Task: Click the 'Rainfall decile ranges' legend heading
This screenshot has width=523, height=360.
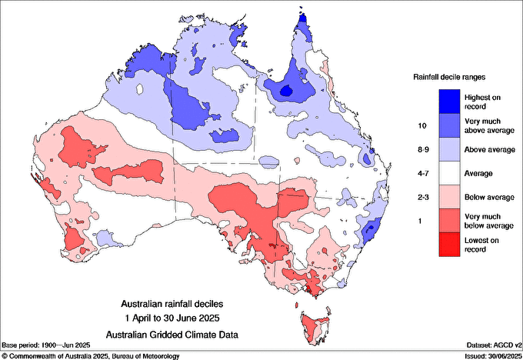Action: [x=449, y=77]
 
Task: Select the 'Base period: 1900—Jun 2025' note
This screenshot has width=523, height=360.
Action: [x=48, y=345]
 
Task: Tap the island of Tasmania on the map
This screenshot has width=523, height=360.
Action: [x=313, y=323]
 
